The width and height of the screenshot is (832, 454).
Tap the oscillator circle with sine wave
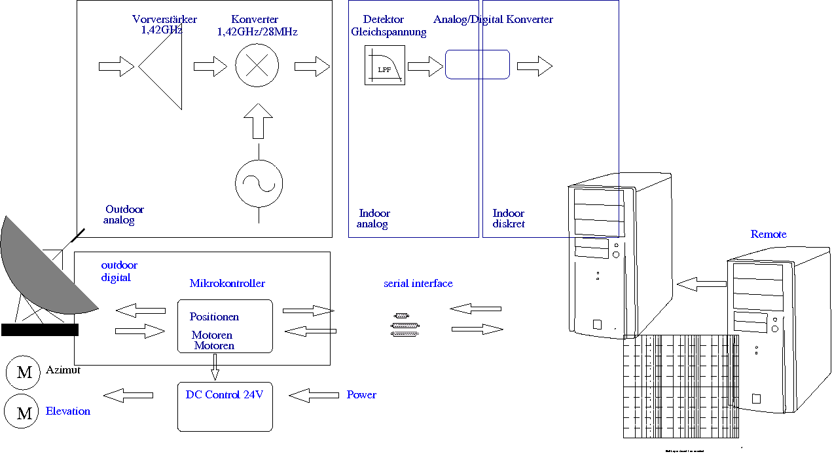259,183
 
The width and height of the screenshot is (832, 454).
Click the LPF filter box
385,65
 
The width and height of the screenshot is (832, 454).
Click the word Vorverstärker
164,20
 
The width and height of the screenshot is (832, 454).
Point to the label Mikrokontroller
227,284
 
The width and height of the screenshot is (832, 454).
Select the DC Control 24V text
225,395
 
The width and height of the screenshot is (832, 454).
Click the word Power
361,395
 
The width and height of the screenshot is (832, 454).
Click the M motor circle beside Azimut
24,373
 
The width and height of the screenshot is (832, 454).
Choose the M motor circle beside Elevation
23,413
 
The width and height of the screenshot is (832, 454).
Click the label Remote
769,235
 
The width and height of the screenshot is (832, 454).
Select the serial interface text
418,284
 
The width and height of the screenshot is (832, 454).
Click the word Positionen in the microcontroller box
214,317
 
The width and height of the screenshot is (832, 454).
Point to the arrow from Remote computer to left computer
702,284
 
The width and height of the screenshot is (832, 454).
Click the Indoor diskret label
509,219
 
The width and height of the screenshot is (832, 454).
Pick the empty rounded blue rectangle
477,64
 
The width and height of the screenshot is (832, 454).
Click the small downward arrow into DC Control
215,371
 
